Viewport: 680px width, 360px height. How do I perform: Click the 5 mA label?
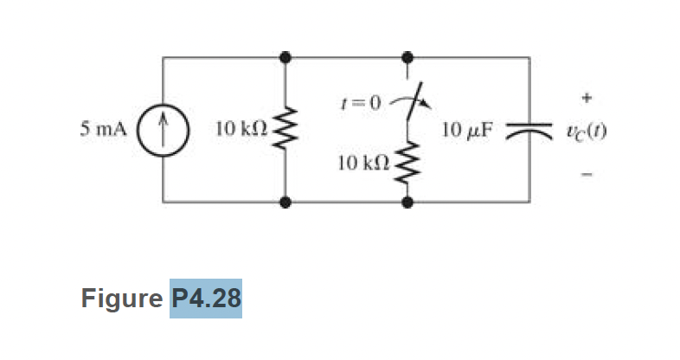tap(102, 131)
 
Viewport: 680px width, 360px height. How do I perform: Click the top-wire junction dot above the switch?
tap(407, 58)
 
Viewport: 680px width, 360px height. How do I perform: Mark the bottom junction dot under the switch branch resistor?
tap(407, 203)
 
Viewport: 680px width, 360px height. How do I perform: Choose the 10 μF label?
tap(466, 131)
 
